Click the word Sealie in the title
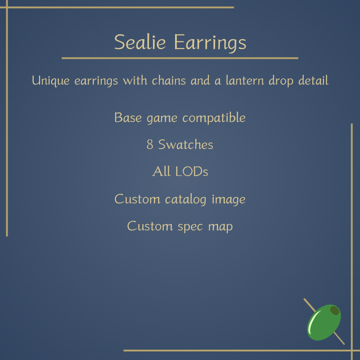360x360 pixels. (140, 42)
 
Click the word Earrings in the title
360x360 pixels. (210, 43)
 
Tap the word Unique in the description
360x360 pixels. (51, 81)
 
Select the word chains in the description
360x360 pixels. (169, 81)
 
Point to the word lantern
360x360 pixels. (245, 81)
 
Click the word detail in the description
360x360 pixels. (313, 81)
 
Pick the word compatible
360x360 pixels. (214, 118)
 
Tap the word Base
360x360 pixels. (128, 117)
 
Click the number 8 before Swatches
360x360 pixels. (150, 144)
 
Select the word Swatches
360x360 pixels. (186, 144)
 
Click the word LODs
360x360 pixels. (192, 171)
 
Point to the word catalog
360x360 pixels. (185, 199)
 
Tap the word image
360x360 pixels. (229, 199)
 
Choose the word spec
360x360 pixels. (190, 227)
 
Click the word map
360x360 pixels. (220, 227)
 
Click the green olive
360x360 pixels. (324, 322)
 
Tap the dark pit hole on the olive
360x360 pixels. (334, 310)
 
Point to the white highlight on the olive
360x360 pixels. (313, 321)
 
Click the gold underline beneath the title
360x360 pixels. (180, 58)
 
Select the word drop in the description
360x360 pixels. (281, 81)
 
